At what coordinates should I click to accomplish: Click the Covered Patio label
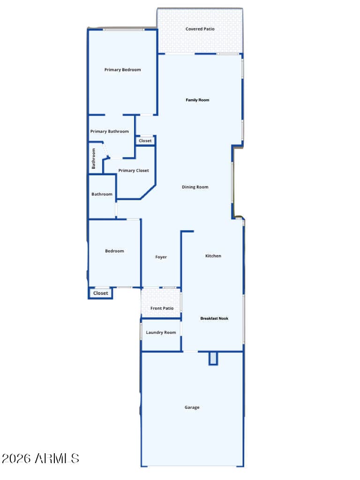pos(200,29)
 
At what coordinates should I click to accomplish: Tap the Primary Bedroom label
pos(122,70)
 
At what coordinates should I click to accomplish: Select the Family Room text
pos(197,100)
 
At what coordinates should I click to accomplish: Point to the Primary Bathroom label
pos(109,131)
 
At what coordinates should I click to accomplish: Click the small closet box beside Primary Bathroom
pos(145,141)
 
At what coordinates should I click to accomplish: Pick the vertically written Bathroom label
pos(94,158)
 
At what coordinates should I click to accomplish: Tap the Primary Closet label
pos(134,171)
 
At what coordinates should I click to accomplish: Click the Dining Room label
pos(195,187)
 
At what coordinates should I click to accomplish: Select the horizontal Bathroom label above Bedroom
pos(102,194)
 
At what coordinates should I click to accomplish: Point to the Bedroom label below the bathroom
pos(114,251)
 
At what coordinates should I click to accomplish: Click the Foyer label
pos(161,257)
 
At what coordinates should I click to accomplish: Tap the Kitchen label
pos(213,256)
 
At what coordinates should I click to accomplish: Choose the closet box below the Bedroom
pos(100,293)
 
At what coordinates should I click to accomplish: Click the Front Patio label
pos(162,308)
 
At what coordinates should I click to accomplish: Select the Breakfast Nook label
pos(214,318)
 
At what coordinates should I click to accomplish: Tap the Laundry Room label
pos(161,332)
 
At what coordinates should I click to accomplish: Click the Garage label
pos(192,407)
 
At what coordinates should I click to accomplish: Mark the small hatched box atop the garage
pos(213,359)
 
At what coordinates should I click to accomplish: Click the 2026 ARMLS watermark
pos(40,458)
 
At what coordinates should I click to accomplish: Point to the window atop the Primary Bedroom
pos(123,30)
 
